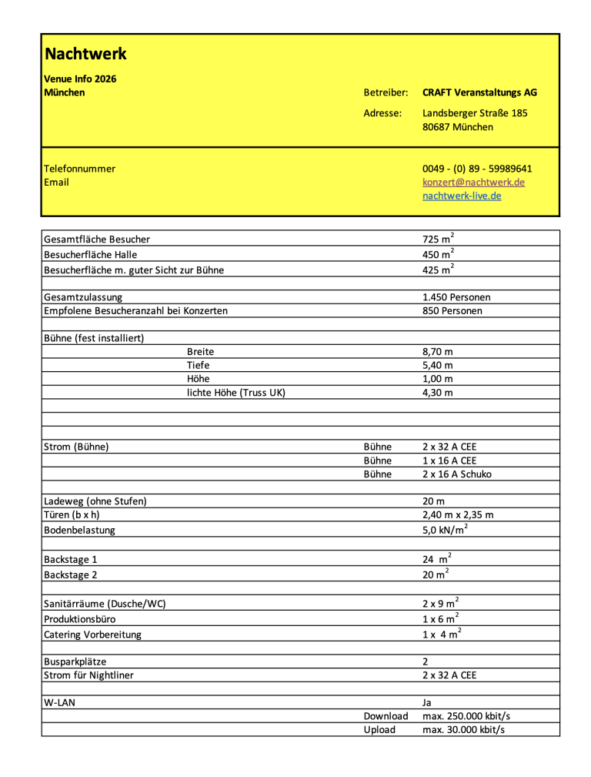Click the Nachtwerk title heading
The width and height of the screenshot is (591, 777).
85,54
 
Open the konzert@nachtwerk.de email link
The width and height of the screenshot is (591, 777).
473,183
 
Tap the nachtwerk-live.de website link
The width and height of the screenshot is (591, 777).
462,196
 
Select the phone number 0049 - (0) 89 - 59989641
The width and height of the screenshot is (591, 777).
477,169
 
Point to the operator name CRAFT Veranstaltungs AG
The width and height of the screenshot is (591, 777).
479,92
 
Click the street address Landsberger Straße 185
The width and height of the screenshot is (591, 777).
475,113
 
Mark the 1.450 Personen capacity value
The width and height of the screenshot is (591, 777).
456,297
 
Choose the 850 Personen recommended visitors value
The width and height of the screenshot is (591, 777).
452,311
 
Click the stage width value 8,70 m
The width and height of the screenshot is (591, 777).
438,352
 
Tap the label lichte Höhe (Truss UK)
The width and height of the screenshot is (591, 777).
236,393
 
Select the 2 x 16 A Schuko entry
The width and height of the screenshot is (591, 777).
457,474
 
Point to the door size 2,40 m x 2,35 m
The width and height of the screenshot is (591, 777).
458,515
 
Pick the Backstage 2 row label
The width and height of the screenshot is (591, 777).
71,575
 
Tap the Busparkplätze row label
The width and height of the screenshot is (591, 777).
75,661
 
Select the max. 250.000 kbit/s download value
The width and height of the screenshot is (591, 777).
466,716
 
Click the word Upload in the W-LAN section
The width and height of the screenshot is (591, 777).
379,730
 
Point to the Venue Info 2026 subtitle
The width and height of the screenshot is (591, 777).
80,79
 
